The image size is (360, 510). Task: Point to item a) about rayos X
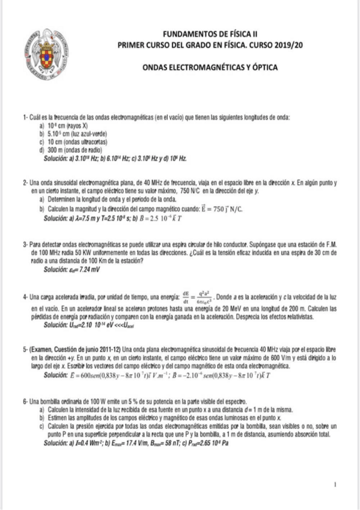coord(63,124)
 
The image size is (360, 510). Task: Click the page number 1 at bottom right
coord(334,484)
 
